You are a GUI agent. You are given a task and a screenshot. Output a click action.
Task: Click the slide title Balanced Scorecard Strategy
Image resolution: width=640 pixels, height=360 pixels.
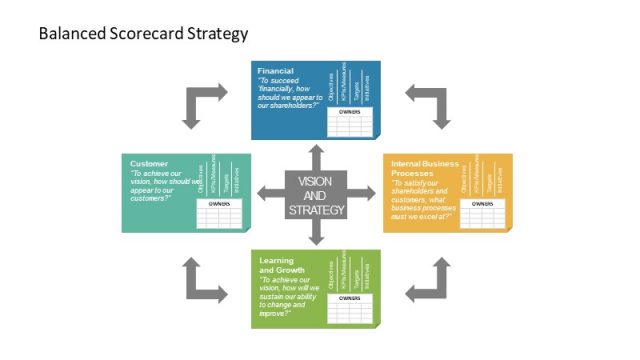143,34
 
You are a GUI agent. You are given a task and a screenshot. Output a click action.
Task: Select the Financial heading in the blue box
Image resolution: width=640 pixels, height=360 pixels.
275,72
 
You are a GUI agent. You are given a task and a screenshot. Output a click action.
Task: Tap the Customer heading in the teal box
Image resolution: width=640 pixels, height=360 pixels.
149,163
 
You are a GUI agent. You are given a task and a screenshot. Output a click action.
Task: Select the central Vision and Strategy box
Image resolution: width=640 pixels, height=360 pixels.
316,195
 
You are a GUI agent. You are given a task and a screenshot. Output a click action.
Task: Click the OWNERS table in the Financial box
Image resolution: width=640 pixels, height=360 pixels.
350,122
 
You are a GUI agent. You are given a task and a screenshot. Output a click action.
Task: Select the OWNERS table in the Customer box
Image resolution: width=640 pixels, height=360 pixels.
219,213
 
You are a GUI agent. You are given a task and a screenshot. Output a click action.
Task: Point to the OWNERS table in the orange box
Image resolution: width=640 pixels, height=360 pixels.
483,212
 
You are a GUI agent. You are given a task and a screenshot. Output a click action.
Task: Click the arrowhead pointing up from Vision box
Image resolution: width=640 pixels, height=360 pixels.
316,152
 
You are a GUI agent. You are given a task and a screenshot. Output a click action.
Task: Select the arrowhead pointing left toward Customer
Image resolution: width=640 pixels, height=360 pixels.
263,194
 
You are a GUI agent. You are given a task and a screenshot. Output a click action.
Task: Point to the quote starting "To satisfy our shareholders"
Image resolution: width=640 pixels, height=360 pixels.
423,199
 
